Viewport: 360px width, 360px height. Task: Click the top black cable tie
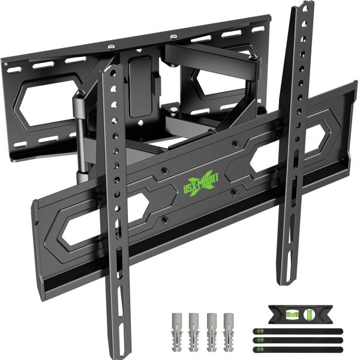[298, 331]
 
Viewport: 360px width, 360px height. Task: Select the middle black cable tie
[298, 340]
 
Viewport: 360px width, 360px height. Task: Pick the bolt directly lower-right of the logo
[235, 192]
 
